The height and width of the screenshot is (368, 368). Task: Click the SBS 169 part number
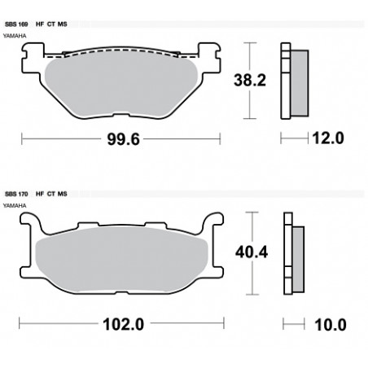[x=16, y=24]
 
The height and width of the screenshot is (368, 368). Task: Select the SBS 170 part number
[x=16, y=194]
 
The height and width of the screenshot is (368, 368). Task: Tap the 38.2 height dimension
[x=250, y=81]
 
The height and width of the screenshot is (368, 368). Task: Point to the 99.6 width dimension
[x=123, y=139]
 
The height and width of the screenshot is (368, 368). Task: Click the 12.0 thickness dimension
[x=328, y=138]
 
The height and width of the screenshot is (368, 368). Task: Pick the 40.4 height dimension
[x=252, y=252]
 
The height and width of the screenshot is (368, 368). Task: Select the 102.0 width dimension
[x=124, y=324]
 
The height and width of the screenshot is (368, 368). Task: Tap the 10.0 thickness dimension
[x=331, y=325]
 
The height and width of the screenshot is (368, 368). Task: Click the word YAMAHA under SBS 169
[x=15, y=36]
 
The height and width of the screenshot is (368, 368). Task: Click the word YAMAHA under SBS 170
[x=15, y=206]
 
